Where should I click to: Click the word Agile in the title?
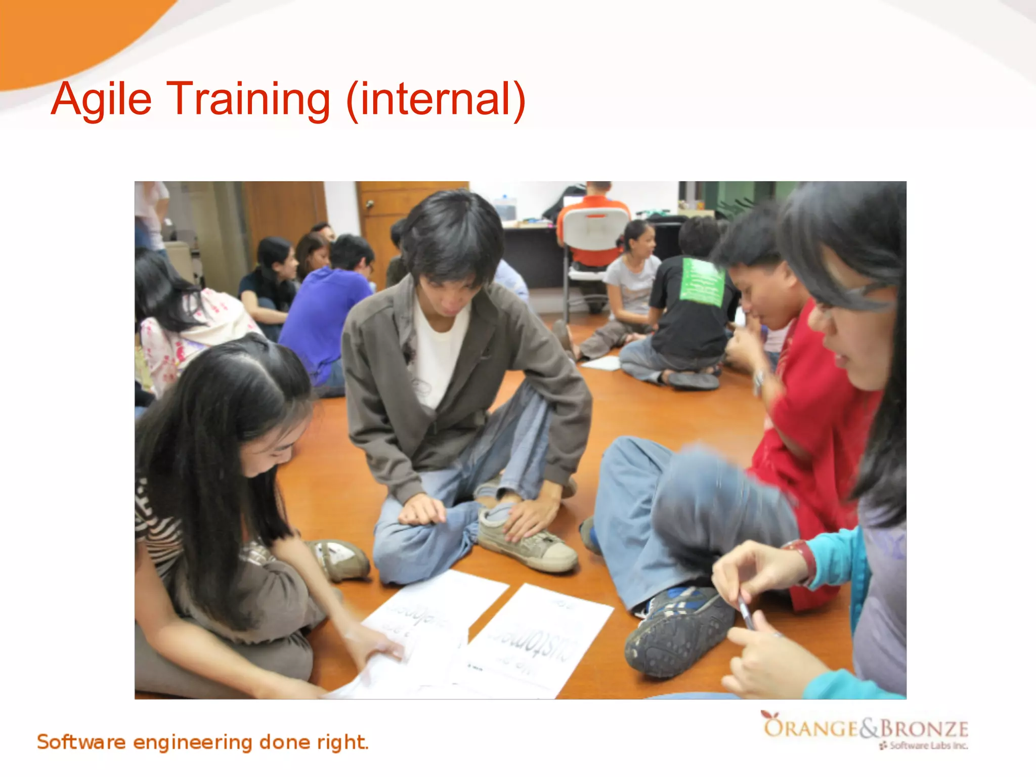[101, 99]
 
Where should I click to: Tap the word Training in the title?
[248, 99]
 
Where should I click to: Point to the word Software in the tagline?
[81, 742]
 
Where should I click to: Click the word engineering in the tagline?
[192, 742]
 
